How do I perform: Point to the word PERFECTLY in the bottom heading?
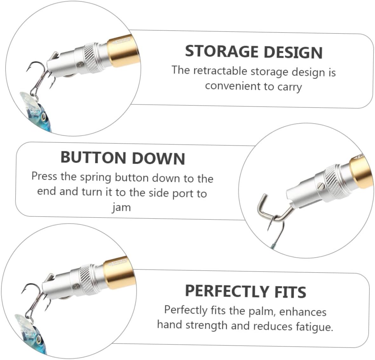coord(227,290)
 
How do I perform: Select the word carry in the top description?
coord(289,87)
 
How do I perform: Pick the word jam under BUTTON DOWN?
coord(121,207)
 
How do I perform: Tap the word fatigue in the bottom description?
coord(314,326)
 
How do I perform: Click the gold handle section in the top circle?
coord(124,51)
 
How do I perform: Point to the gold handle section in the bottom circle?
coord(120,273)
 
